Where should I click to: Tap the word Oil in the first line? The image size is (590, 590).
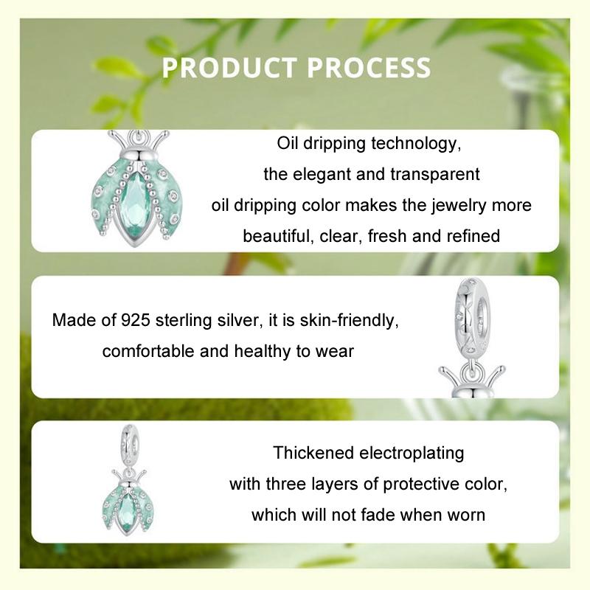[x=288, y=143]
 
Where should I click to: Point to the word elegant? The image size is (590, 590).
[x=326, y=174]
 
